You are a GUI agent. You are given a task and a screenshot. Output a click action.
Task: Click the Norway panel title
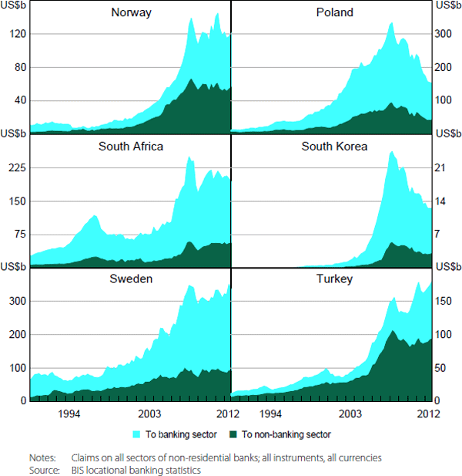131,12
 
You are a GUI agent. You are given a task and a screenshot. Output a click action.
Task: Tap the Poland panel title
335,12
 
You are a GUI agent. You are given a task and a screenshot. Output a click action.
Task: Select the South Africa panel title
131,146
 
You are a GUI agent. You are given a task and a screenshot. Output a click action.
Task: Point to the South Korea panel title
335,146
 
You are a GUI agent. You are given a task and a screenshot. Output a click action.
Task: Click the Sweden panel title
131,279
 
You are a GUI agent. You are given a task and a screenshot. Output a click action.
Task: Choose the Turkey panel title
335,279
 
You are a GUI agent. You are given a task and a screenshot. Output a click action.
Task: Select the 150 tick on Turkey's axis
447,301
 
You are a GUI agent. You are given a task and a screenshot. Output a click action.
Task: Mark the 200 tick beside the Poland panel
447,67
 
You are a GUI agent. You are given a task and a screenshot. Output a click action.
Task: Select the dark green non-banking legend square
236,434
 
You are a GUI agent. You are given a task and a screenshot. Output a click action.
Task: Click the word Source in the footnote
44,469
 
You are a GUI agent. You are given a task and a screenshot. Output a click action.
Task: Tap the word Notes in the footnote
42,457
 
